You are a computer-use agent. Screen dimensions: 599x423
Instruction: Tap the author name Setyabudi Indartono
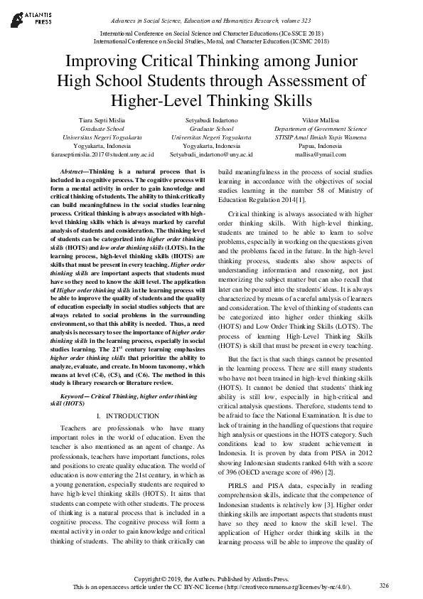(x=211, y=120)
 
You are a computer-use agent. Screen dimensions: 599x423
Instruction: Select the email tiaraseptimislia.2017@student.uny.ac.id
(x=102, y=154)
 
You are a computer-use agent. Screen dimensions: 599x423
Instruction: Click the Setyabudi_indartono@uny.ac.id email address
(x=211, y=154)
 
